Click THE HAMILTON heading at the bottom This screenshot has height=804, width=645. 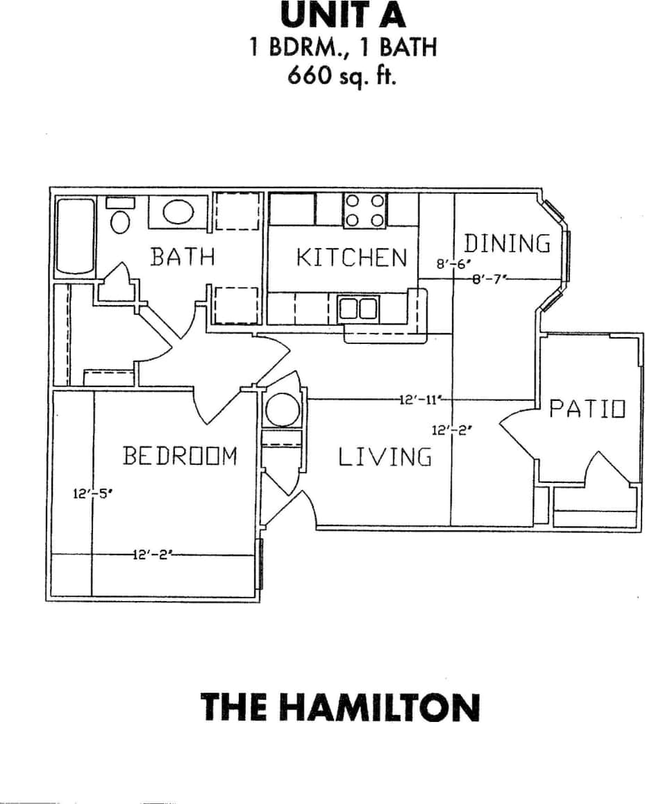click(x=340, y=707)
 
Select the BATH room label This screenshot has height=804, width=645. click(x=183, y=256)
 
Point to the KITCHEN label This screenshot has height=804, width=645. click(x=351, y=258)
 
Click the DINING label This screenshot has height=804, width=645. click(x=507, y=245)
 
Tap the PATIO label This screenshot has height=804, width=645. click(x=587, y=409)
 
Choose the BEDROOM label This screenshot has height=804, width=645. click(x=180, y=457)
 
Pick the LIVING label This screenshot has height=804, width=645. click(x=385, y=458)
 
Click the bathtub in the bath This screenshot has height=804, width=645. click(x=75, y=236)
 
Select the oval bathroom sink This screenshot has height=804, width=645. click(x=178, y=211)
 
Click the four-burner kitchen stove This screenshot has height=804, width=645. click(x=365, y=210)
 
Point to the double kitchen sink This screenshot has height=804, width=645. click(x=358, y=307)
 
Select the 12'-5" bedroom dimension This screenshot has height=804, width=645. click(x=92, y=495)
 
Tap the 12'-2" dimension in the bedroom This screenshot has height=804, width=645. click(x=151, y=555)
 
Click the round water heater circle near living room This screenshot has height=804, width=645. click(x=282, y=409)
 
